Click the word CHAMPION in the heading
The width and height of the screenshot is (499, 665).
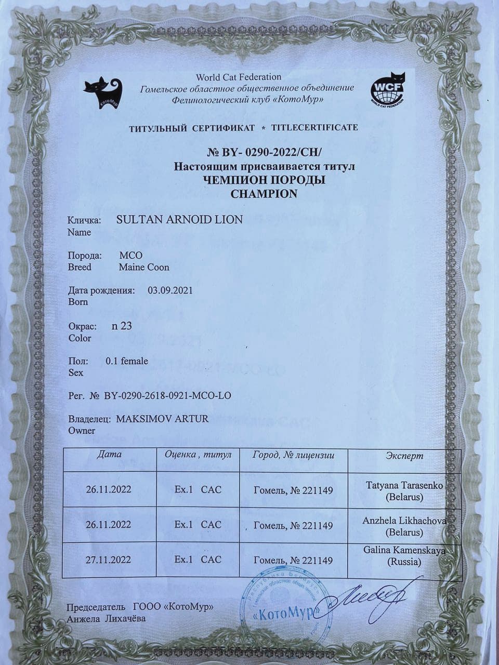[264, 194]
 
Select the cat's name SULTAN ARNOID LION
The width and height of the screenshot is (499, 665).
[179, 219]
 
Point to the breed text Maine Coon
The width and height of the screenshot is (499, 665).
[144, 267]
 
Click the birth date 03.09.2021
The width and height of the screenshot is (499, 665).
[170, 290]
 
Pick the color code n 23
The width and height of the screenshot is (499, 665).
[122, 326]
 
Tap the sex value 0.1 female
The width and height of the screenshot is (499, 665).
[127, 361]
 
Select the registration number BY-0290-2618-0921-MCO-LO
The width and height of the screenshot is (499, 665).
[167, 395]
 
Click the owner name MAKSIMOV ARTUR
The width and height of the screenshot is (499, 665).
[162, 419]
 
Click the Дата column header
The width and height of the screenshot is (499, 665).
[109, 454]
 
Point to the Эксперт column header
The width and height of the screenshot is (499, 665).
[404, 456]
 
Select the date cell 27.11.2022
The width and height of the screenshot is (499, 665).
[109, 560]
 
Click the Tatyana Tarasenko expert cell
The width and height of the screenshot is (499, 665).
[404, 490]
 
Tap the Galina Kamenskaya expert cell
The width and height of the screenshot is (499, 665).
[404, 556]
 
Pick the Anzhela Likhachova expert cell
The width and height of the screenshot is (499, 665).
[404, 526]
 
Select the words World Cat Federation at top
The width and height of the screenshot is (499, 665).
[239, 77]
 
